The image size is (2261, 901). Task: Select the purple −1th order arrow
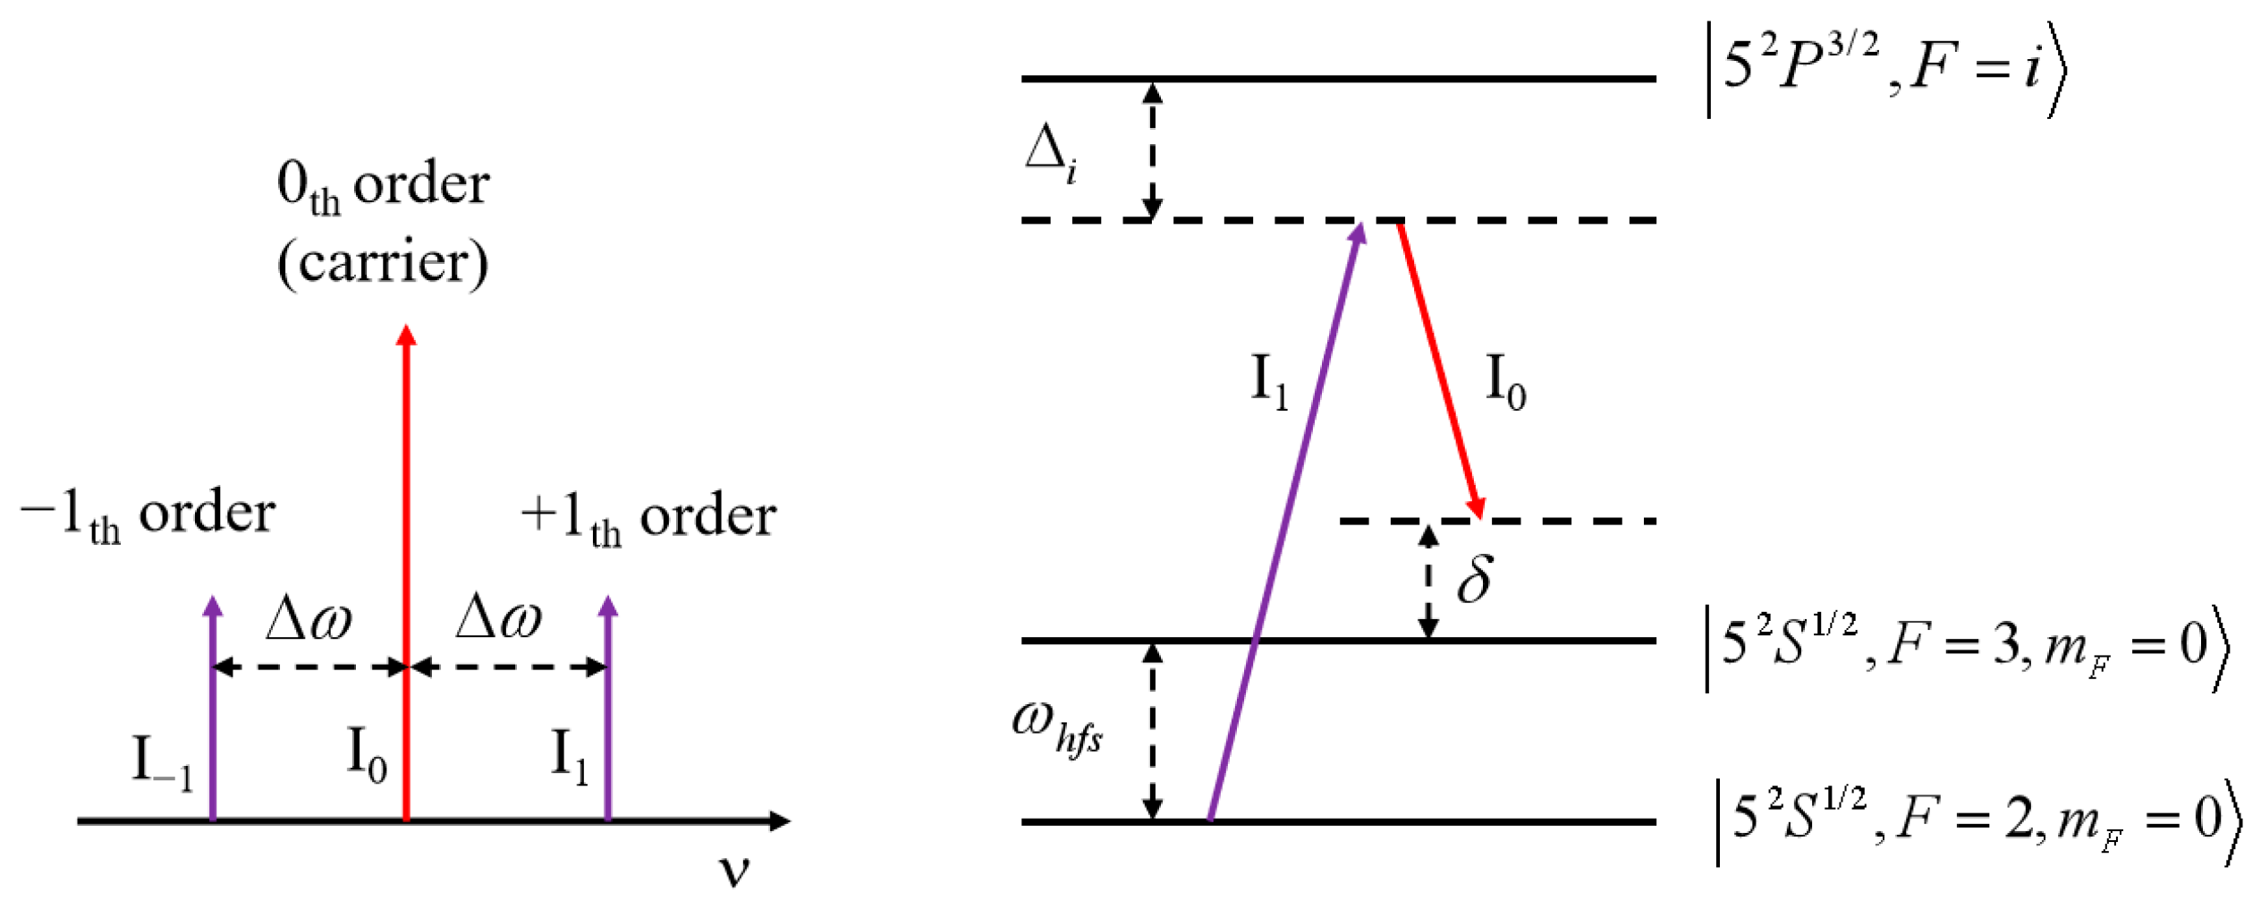click(x=212, y=716)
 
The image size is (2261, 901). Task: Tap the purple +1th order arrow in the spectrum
click(x=608, y=716)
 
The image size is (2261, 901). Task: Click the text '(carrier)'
click(x=383, y=263)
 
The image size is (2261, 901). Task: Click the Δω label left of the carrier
click(x=309, y=618)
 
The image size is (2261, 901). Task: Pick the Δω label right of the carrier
click(x=499, y=618)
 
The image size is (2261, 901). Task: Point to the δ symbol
click(x=1475, y=579)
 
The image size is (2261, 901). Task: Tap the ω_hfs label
click(x=1056, y=727)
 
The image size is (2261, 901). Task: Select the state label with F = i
click(x=1887, y=72)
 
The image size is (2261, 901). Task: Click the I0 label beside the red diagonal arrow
click(x=1505, y=383)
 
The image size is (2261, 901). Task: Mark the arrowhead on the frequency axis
click(x=780, y=820)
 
